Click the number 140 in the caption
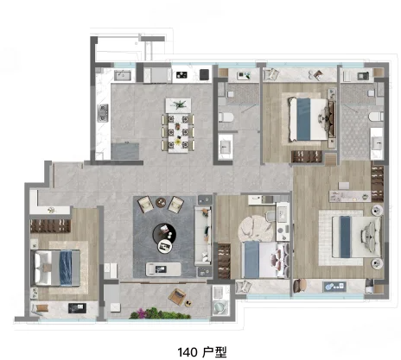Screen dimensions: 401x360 coord(188,352)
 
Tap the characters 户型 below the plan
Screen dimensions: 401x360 coord(214,352)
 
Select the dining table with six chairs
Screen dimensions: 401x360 coord(178,132)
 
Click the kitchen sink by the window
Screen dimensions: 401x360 coord(123,75)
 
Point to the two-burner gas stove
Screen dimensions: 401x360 coord(103,113)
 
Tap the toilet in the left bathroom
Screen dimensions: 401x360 coord(226,117)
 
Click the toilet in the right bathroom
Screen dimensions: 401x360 coord(376,117)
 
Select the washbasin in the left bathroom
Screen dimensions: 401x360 coord(225,147)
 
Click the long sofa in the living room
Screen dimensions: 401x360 coord(203,236)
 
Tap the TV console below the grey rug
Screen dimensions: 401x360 coord(163,269)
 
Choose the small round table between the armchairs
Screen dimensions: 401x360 coord(161,202)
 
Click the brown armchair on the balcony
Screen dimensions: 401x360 coord(177,296)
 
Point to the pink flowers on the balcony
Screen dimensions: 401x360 coord(141,312)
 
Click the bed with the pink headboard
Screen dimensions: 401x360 coord(265,260)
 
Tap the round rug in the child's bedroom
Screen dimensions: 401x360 coord(256,229)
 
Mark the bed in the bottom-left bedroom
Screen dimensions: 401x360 coord(55,268)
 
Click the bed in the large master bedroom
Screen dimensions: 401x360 coord(357,237)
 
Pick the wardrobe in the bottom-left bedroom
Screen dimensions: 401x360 coord(50,226)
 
